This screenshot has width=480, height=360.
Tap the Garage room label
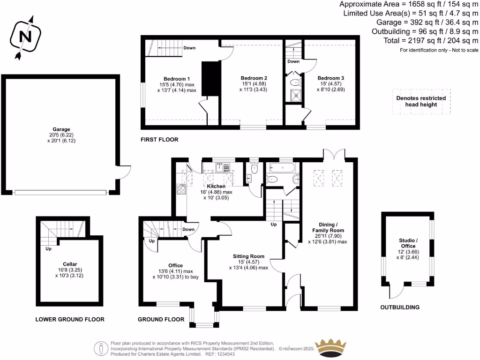[x=61, y=129]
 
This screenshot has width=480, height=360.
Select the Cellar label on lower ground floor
[x=69, y=263]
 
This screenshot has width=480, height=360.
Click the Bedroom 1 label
[x=177, y=78]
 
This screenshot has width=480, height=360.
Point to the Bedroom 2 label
[x=254, y=78]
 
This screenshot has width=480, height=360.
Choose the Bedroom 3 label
[x=330, y=78]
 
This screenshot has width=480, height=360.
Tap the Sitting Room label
[x=249, y=256]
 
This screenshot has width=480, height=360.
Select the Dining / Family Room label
[x=328, y=227]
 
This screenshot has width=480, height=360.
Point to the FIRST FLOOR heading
[x=159, y=140]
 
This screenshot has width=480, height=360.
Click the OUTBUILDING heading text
[x=400, y=307]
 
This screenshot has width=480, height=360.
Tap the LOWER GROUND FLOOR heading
[x=70, y=319]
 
